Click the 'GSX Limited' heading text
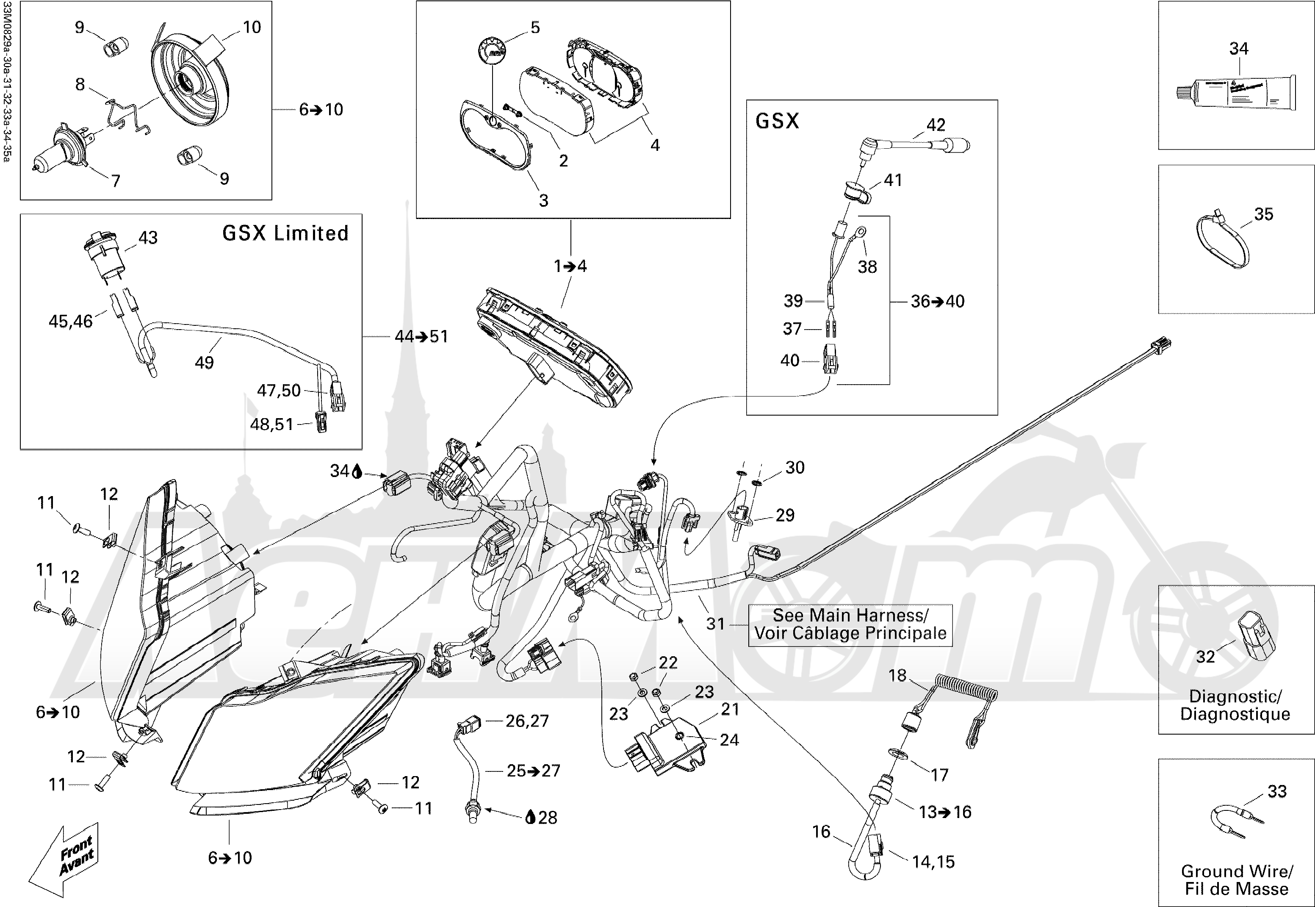point(285,233)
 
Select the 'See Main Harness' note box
point(850,624)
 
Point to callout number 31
point(715,624)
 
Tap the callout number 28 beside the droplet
point(548,818)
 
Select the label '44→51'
point(421,336)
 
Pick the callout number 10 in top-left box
point(252,27)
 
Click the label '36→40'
point(937,301)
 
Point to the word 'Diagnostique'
point(1235,714)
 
